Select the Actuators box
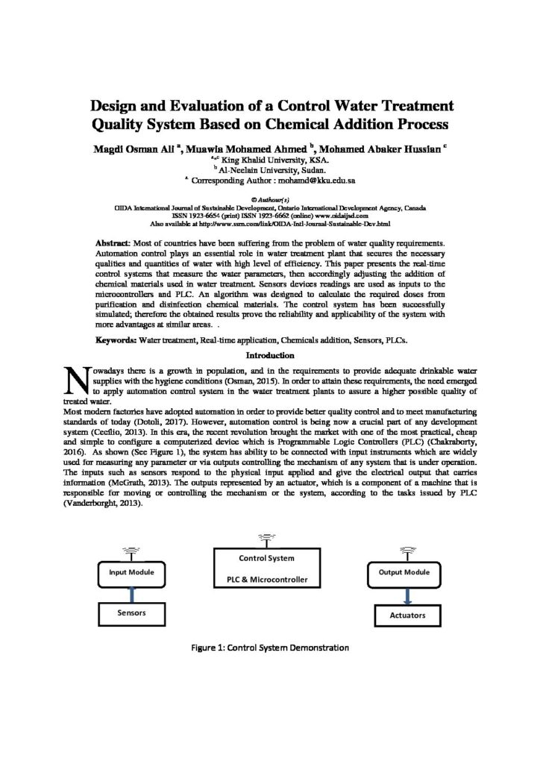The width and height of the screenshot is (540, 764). tap(407, 616)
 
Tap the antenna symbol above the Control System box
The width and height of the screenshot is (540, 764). tap(266, 539)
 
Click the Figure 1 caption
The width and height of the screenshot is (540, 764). tap(270, 647)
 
